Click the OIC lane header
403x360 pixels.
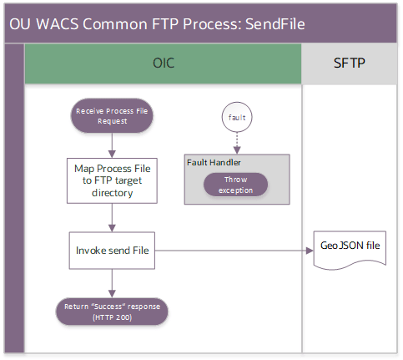point(163,63)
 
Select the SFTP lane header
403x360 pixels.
point(350,63)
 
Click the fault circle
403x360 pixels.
point(236,118)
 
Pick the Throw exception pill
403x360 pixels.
point(236,185)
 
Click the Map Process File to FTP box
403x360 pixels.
point(112,180)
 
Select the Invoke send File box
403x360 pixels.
point(112,249)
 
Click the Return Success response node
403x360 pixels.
point(112,312)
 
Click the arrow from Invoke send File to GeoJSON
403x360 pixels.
point(234,249)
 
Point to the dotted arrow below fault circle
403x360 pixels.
point(236,144)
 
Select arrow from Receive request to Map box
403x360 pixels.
point(112,144)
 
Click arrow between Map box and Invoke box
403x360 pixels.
point(112,216)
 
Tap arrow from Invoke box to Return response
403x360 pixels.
point(112,281)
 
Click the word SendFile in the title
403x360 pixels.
point(272,23)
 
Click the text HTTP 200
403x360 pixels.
point(112,317)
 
